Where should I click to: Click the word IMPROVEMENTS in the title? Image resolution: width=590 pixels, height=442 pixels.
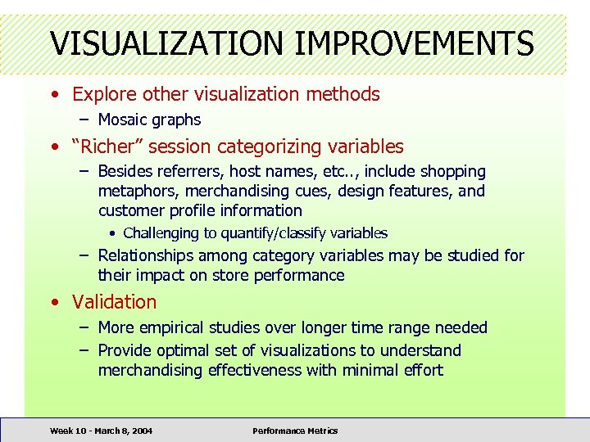point(414,43)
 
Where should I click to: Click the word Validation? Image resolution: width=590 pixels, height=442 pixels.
point(114,301)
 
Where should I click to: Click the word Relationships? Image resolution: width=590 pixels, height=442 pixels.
point(148,255)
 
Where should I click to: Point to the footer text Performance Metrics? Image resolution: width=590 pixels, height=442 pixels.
point(295,431)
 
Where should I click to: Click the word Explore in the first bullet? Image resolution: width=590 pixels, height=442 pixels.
point(101,94)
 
